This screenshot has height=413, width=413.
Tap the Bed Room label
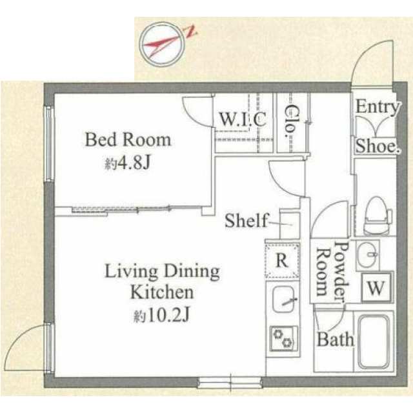tap(128, 139)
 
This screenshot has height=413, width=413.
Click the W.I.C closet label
tap(242, 119)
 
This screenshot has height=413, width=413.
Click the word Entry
tap(377, 106)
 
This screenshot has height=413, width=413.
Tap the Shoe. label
tap(377, 146)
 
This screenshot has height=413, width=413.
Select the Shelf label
tap(246, 221)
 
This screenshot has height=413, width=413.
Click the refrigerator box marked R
tap(282, 261)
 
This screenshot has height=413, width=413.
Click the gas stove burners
tap(284, 336)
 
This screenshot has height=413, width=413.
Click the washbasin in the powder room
tap(370, 254)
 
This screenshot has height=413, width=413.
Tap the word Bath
tap(335, 339)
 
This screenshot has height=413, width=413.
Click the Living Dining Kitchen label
tap(163, 281)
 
